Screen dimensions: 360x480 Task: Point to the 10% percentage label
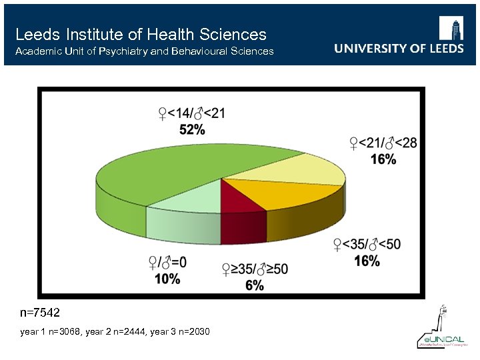tap(167, 279)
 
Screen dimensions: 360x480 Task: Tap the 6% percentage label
tap(255, 285)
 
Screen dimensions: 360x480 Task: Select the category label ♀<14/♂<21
tap(191, 113)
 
